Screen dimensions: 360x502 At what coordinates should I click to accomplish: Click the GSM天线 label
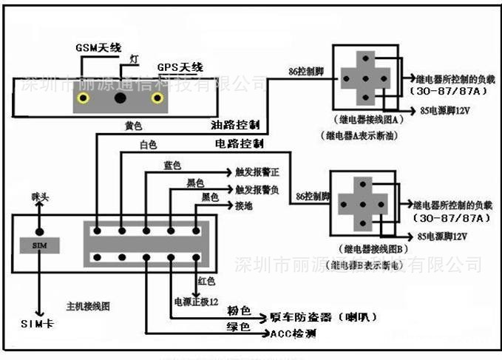coord(99,47)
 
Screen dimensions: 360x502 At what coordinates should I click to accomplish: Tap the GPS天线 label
coord(180,67)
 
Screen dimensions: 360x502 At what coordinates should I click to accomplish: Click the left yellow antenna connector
coord(88,97)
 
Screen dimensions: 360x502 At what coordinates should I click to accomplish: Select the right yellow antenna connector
coord(157,97)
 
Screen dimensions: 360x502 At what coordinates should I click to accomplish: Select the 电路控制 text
coord(239,142)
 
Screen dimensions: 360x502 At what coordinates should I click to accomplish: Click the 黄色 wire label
coord(133,126)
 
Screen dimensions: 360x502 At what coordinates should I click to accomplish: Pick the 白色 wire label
coord(149,146)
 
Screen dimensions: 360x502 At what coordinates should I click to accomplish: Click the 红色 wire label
coord(206,281)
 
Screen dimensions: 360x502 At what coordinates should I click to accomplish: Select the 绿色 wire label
coord(237,325)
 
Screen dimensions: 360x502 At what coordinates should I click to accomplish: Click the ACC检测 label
coord(294,334)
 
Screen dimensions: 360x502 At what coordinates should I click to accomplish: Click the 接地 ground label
coord(244,206)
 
